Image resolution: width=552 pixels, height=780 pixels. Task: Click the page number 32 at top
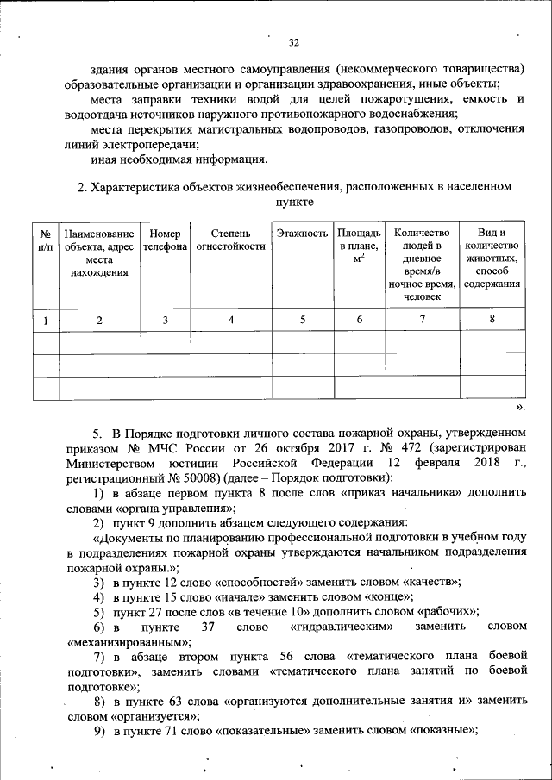point(293,42)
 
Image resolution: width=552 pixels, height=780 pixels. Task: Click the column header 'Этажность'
point(302,234)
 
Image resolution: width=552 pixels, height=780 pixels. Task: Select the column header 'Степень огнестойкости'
point(230,240)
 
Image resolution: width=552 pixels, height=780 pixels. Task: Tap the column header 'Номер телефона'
point(165,240)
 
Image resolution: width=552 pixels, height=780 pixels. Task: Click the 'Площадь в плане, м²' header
point(359,246)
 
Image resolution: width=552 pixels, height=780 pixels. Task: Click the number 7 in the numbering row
point(422,321)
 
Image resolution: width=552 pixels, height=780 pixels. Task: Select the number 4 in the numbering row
point(230,321)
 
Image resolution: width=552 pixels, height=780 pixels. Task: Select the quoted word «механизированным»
point(123,642)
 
